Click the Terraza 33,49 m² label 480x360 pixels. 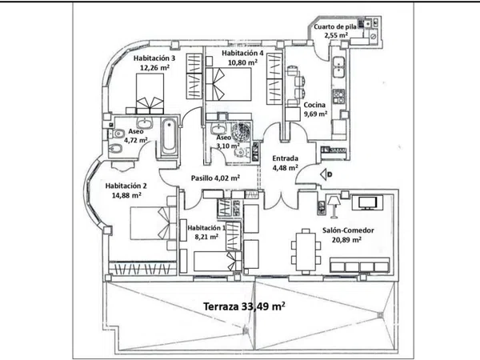245,306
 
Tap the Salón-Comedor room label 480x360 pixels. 348,230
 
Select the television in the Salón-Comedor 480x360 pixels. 367,202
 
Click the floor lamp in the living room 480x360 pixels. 334,207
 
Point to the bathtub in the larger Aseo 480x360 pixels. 169,137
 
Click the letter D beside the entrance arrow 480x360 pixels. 330,174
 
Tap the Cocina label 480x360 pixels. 314,105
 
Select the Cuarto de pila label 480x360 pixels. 335,27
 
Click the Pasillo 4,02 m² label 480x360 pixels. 215,178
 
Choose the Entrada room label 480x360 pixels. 285,158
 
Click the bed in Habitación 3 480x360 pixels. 150,94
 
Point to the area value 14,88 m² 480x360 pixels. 126,195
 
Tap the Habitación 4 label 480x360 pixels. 242,53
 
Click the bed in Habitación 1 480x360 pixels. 218,261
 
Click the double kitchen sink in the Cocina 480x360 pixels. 338,67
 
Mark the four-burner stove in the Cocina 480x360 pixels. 339,96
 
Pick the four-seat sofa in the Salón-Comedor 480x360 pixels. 360,265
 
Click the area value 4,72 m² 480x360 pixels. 136,140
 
